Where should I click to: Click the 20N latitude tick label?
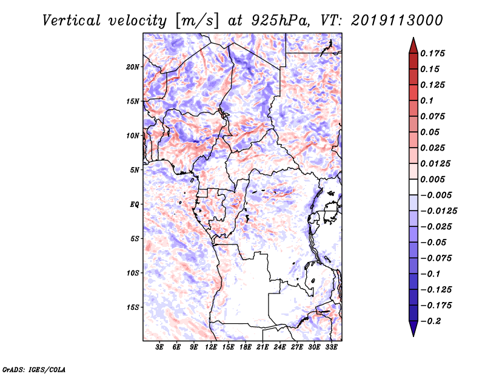(133, 67)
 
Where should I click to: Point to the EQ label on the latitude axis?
(135, 205)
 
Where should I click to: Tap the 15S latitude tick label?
(133, 307)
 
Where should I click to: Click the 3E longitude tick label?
(160, 348)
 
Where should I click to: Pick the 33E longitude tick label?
(331, 348)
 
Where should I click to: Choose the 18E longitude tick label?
(246, 348)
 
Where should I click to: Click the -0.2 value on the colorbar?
(432, 321)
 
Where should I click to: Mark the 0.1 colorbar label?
(428, 100)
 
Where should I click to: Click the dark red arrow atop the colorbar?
(412, 44)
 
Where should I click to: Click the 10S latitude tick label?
(133, 273)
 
